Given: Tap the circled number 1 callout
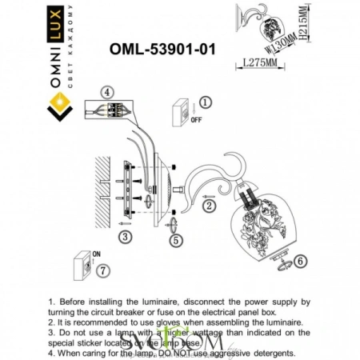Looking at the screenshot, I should [x=205, y=102].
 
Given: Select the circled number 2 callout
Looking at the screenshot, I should [x=208, y=206].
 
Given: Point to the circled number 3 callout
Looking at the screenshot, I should [x=125, y=237].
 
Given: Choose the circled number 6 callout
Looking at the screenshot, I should [x=300, y=260].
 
